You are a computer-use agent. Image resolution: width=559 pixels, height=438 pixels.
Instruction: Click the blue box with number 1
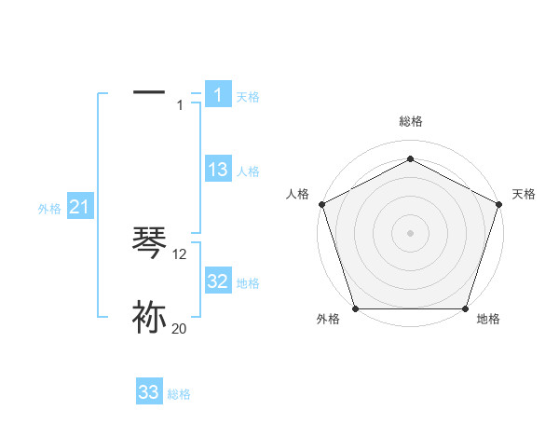tap(217, 95)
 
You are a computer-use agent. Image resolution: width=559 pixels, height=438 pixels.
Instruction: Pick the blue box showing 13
tap(217, 170)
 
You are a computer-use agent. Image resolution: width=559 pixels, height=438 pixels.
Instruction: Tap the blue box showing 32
tap(217, 281)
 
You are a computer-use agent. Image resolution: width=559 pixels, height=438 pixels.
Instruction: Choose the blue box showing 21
tap(79, 207)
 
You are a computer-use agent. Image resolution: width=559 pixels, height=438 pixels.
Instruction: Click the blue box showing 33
tap(149, 392)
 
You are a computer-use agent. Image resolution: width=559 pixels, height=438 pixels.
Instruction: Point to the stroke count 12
tap(180, 253)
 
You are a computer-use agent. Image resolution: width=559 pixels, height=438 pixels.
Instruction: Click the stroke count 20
tap(179, 328)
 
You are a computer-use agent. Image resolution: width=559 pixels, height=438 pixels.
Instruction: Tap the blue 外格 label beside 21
tap(49, 209)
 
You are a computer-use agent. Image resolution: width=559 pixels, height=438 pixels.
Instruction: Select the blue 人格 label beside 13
tap(248, 171)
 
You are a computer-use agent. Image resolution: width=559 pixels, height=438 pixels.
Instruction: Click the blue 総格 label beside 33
tap(179, 394)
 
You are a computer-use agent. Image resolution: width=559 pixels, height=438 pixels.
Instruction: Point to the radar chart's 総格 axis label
tap(410, 121)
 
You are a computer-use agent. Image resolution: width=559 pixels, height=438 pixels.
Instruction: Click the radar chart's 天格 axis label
tap(524, 194)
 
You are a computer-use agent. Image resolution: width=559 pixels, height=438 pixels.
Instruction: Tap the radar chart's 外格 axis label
tap(328, 320)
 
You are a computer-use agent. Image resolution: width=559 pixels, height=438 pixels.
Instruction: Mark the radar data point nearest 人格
tap(321, 204)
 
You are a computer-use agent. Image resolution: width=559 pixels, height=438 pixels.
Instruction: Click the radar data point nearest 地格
tap(466, 308)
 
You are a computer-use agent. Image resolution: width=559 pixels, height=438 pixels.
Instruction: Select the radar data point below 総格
tap(410, 158)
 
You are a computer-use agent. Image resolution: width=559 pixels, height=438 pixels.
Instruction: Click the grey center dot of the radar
tap(410, 232)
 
